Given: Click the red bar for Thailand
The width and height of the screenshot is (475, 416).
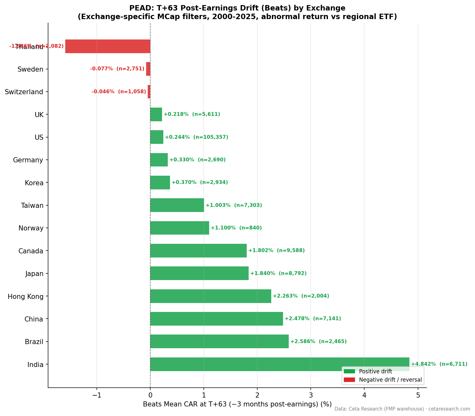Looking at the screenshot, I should coord(108,46).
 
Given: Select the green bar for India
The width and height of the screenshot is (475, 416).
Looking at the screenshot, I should coord(280,364).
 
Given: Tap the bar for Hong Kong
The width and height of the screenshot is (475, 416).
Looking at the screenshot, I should coord(210,296).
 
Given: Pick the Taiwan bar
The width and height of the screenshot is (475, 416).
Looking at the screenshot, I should coord(177,205).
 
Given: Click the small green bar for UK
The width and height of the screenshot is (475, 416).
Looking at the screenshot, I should coord(156,115).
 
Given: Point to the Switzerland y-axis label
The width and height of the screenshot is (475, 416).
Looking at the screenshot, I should coord(24,92).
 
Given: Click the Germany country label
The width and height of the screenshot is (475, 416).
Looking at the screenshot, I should coord(28,160).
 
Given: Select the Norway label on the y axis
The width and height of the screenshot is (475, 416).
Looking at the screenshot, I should coord(31,228).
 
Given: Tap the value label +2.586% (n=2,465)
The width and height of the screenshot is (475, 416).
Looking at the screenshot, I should coord(318,342).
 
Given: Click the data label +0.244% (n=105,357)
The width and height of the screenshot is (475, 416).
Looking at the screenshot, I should coord(196,137).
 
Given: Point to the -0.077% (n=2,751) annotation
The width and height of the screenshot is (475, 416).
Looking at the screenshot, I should coord(117,69).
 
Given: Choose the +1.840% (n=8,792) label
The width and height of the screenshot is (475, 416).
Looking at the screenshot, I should coord(278,273).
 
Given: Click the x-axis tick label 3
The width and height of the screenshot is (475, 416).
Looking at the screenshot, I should coord(311,395).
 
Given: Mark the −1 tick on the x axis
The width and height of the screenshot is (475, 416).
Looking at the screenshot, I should coord(96,395).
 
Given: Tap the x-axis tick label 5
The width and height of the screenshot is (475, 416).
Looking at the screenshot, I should coord(418,395).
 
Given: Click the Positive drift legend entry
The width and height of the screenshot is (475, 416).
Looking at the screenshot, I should coord(375,371).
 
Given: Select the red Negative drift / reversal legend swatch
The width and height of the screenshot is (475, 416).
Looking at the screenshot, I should coord(349,380).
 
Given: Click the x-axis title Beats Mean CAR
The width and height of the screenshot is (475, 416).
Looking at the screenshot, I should coord(237,405).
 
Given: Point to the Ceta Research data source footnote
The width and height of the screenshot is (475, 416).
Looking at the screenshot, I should coord(402,409).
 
